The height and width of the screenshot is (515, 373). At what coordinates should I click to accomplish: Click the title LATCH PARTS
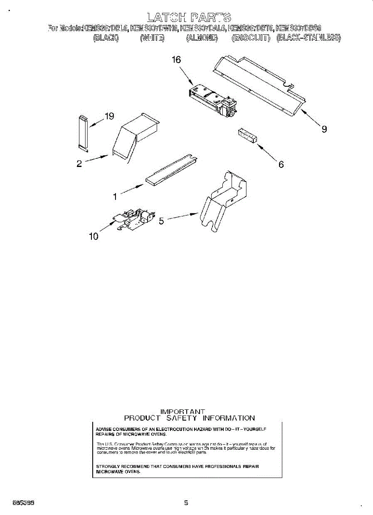click(189, 17)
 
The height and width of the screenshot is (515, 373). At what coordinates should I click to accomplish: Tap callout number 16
click(176, 60)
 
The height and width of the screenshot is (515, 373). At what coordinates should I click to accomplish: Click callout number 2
click(79, 164)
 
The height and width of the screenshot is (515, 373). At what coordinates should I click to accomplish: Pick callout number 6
click(281, 164)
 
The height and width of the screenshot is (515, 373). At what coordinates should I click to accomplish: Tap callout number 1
click(115, 197)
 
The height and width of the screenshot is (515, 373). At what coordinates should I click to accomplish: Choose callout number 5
click(161, 221)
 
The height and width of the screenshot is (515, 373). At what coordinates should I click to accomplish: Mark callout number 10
click(94, 236)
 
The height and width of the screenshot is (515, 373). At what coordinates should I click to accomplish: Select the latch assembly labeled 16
click(213, 100)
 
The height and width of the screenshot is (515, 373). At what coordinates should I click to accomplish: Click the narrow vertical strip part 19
click(83, 132)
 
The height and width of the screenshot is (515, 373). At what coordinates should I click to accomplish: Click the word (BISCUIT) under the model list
click(251, 38)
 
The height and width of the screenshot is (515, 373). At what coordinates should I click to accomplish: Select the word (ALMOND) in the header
click(202, 38)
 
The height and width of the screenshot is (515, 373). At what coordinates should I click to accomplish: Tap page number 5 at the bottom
click(186, 503)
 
